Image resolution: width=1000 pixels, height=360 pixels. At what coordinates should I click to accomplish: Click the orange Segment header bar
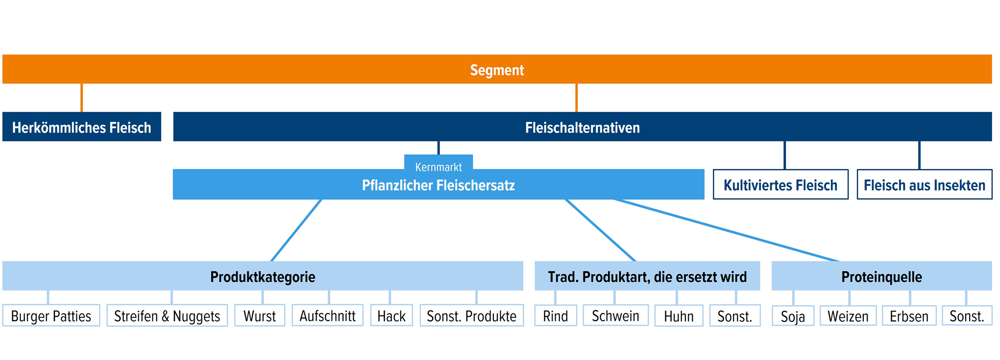point(497,69)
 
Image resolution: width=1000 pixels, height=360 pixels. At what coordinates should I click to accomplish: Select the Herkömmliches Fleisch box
point(82,127)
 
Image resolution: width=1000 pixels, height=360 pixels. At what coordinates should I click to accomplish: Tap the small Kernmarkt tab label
point(438,164)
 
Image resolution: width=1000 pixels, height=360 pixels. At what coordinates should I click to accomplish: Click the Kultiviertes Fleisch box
point(780,185)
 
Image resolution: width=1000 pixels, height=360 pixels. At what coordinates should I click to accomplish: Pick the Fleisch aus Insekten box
point(924,185)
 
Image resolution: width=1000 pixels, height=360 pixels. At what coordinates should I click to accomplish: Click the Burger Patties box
point(51,316)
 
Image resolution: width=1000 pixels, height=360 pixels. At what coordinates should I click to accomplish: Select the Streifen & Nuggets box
point(167,316)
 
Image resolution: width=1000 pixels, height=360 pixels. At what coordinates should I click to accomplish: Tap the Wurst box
point(260,316)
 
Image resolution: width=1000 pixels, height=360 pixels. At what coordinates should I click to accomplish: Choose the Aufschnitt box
point(327,316)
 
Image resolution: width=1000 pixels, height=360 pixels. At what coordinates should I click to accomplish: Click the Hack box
point(391,316)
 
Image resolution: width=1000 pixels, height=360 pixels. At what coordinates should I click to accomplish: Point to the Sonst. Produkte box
point(471,316)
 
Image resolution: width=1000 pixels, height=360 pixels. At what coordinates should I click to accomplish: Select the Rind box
point(555,316)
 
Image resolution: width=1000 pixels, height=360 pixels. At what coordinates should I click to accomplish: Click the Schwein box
point(615,316)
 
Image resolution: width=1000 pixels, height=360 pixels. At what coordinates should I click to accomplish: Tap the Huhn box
point(679,316)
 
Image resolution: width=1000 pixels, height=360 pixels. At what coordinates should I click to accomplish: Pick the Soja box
point(793,316)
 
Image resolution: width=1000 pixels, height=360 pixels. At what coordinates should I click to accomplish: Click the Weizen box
point(848,316)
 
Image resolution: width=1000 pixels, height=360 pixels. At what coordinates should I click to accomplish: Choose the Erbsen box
point(909,316)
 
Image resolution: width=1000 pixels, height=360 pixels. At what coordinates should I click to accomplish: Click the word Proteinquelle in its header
point(881,277)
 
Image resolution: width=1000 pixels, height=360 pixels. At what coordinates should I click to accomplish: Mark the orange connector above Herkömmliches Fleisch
point(82,97)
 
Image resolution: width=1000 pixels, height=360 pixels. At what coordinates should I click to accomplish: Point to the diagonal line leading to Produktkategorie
point(296,230)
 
